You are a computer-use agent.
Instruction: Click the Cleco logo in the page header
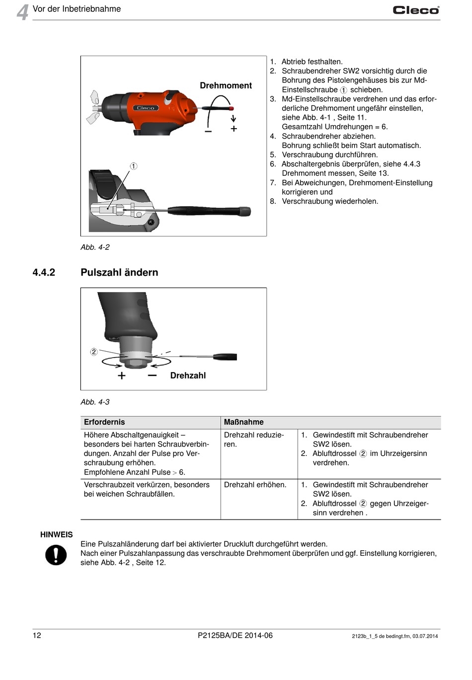[x=416, y=10]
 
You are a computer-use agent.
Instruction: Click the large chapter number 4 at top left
[x=22, y=12]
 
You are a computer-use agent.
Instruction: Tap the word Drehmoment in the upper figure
[x=226, y=85]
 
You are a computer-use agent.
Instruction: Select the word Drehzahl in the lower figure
[x=188, y=376]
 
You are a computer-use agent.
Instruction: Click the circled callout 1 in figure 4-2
[x=134, y=166]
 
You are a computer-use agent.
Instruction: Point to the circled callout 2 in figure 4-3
[x=94, y=352]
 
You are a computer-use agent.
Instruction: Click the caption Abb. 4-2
[x=95, y=247]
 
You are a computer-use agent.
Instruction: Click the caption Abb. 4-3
[x=95, y=402]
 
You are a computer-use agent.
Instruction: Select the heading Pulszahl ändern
[x=119, y=272]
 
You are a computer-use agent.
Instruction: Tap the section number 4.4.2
[x=44, y=272]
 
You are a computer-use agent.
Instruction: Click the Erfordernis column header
[x=104, y=422]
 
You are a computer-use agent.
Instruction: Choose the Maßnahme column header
[x=243, y=422]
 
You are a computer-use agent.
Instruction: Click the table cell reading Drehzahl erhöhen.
[x=255, y=485]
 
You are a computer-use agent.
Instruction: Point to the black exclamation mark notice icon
[x=56, y=555]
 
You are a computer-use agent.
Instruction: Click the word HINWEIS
[x=56, y=534]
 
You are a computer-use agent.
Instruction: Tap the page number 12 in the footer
[x=37, y=635]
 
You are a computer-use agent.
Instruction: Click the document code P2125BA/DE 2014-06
[x=235, y=635]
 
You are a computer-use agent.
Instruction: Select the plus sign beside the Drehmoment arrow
[x=234, y=129]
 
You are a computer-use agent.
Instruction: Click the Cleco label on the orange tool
[x=146, y=108]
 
